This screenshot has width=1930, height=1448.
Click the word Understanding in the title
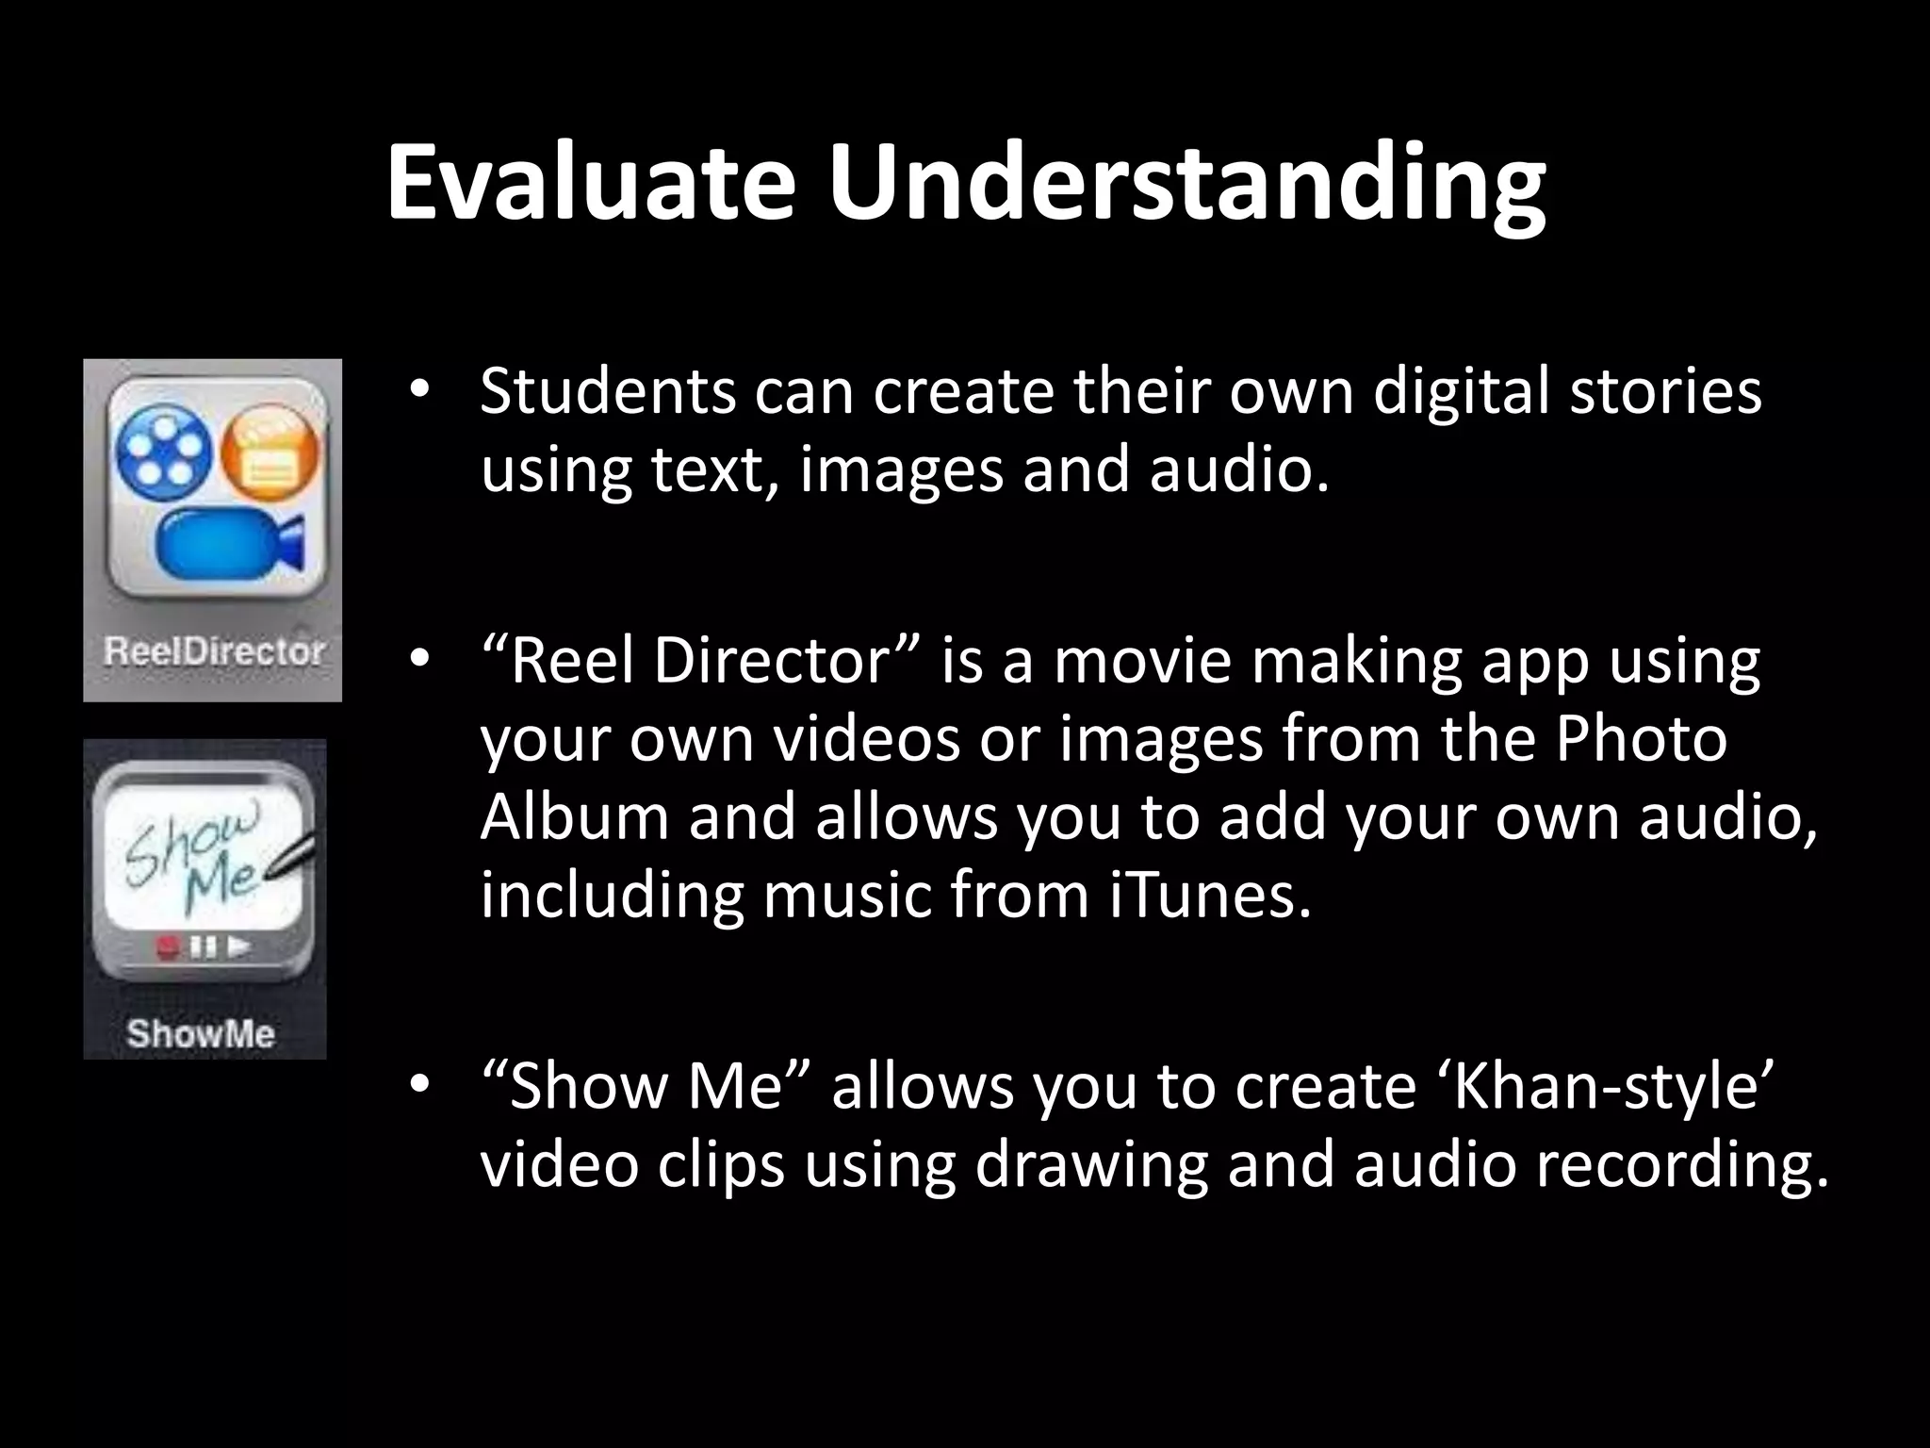pyautogui.click(x=1186, y=186)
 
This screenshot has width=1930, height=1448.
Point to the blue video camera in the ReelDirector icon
pyautogui.click(x=231, y=542)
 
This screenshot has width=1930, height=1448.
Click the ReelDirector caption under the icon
pyautogui.click(x=214, y=651)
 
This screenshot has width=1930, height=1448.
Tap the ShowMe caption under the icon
pyautogui.click(x=201, y=1033)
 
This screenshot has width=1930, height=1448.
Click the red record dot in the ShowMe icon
pyautogui.click(x=170, y=946)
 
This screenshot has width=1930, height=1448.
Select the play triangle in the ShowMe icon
pyautogui.click(x=239, y=945)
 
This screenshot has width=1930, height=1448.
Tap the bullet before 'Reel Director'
pyautogui.click(x=419, y=657)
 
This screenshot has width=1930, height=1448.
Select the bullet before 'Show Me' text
pyautogui.click(x=419, y=1084)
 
